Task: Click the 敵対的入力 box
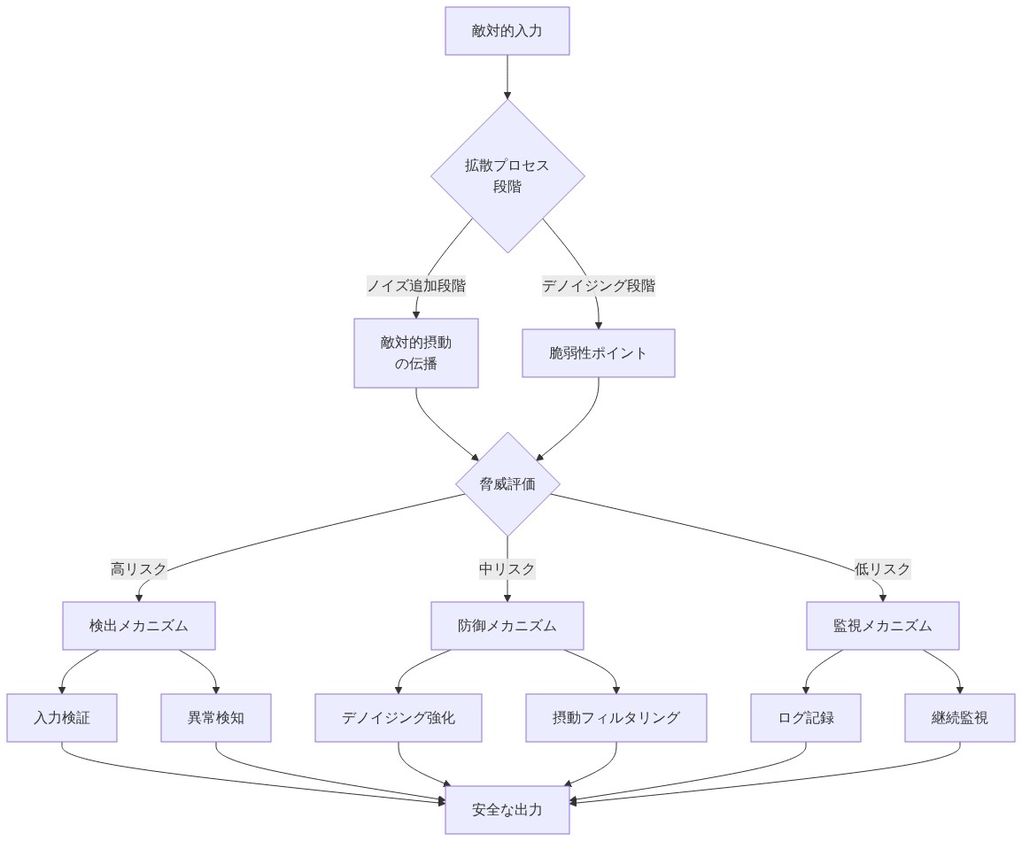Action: [507, 31]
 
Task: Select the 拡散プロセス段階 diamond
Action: [507, 175]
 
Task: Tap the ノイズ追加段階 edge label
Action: [416, 286]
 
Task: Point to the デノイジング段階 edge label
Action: [599, 286]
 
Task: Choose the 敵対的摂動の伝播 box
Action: [416, 352]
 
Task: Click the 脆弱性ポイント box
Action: [599, 353]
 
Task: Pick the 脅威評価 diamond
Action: [507, 483]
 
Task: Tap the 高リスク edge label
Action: [139, 569]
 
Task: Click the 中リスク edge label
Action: [507, 569]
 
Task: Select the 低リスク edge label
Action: [883, 569]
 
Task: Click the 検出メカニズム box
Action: [139, 626]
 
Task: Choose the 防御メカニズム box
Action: [507, 626]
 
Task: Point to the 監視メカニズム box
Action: [883, 626]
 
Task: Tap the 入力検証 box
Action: [62, 718]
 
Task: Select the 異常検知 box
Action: [216, 718]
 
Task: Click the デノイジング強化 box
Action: [399, 718]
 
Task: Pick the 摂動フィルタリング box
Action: [616, 718]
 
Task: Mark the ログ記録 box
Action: [806, 718]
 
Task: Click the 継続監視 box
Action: [960, 718]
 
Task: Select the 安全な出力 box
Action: [507, 809]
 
